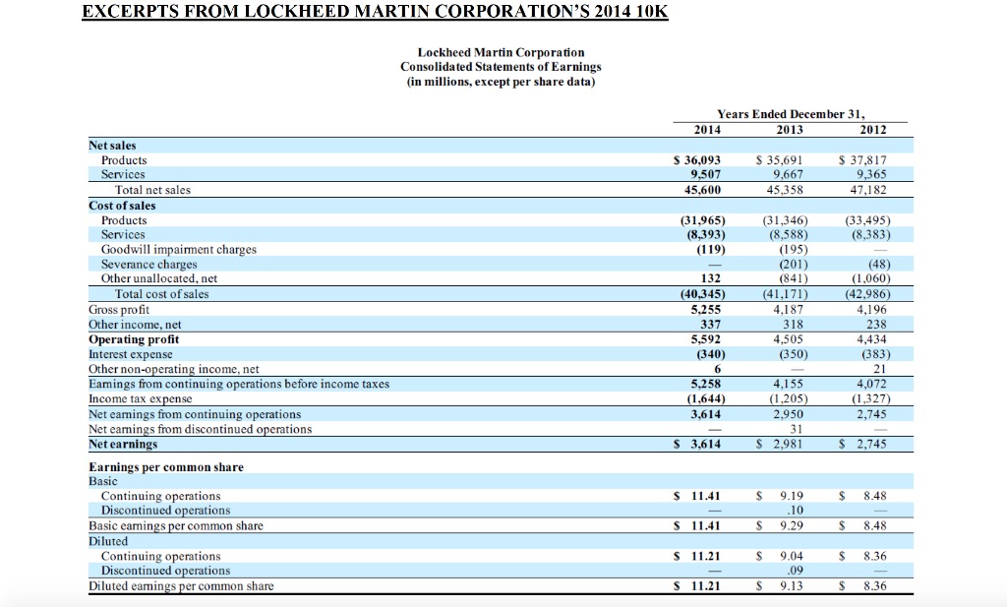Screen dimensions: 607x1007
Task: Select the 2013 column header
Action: [x=789, y=129]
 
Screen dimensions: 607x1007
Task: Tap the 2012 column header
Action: [x=872, y=129]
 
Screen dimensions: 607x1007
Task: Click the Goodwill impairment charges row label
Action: [x=179, y=250]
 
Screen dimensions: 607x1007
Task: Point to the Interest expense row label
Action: [x=131, y=354]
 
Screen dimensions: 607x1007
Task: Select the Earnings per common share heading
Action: [x=166, y=466]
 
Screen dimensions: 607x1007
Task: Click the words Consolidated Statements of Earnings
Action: [x=501, y=66]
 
